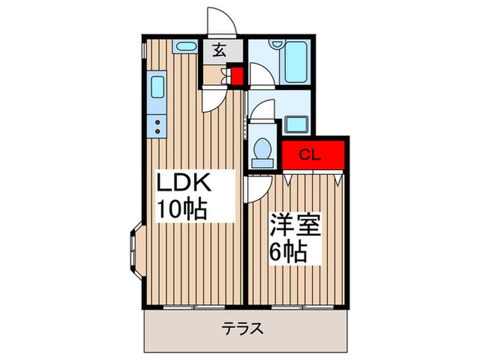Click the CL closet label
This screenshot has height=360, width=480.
[x=309, y=155]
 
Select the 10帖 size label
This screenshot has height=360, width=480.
[x=183, y=210]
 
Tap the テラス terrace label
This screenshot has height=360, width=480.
[x=241, y=328]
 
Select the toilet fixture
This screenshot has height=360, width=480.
[x=261, y=150]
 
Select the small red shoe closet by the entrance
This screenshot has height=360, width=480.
[x=237, y=76]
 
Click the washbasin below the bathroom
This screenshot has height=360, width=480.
[x=294, y=125]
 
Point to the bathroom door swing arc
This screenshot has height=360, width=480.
[x=261, y=74]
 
